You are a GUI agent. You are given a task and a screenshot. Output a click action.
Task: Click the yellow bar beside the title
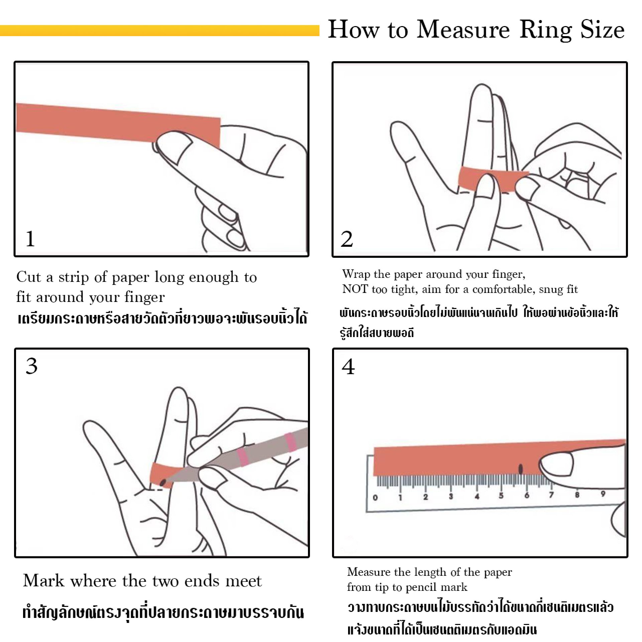[159, 30]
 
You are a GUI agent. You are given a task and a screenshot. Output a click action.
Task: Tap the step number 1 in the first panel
[30, 239]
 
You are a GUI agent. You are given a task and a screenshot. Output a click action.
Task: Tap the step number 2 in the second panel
[347, 239]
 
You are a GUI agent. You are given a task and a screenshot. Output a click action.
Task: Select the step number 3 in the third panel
[32, 366]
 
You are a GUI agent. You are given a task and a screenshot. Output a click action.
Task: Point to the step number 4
[348, 367]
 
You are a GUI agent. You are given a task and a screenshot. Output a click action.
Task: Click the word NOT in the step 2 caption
[354, 289]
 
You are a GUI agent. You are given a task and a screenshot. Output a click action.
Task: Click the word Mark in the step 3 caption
[43, 581]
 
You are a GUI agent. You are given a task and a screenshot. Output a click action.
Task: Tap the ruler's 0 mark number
[375, 498]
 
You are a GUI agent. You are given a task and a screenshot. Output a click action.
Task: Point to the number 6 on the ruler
[527, 495]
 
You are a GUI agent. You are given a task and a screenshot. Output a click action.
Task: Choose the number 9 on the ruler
[603, 494]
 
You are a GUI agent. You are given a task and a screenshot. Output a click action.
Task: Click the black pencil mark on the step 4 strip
[521, 469]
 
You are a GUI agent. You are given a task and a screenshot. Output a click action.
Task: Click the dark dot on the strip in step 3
[163, 483]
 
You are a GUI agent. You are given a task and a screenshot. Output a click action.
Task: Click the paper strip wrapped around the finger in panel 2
[471, 177]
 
